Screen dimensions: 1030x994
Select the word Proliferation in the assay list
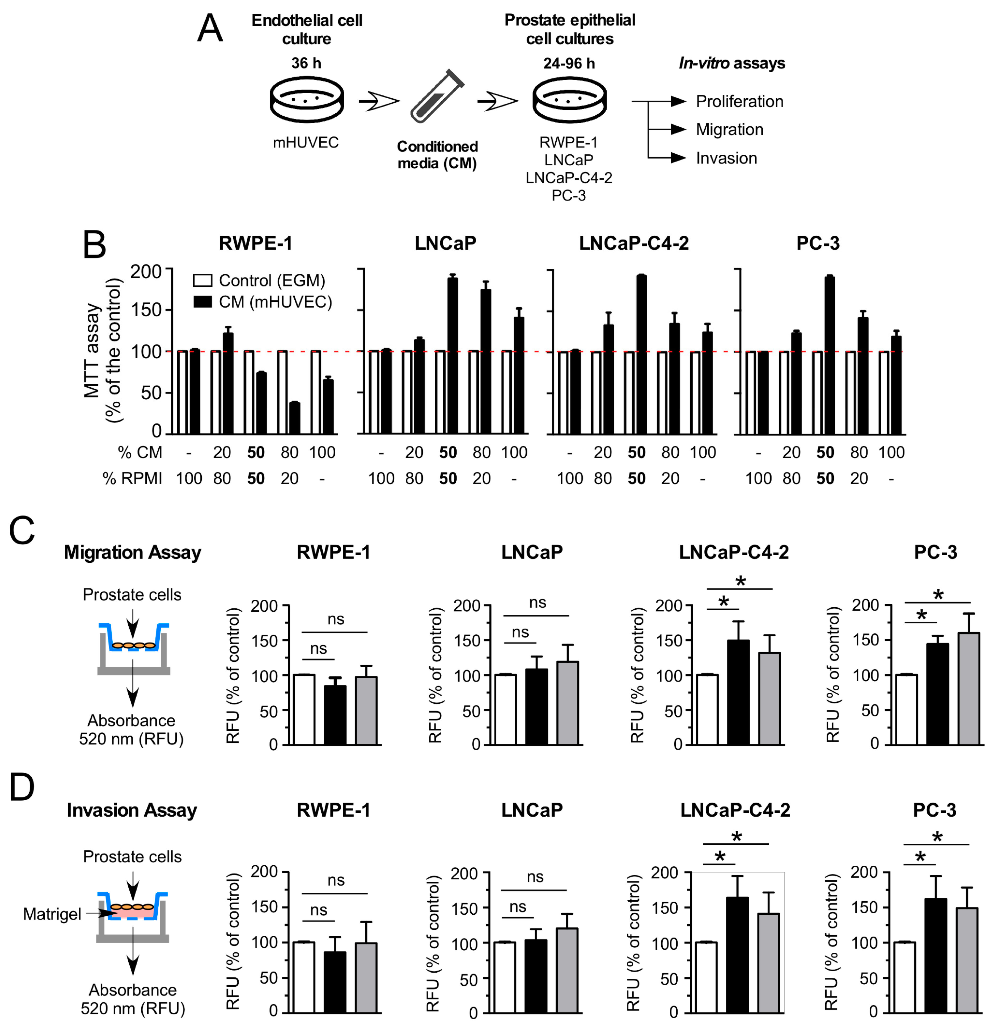coord(739,102)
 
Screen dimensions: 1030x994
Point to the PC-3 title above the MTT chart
coord(818,243)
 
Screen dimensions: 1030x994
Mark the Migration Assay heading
coord(132,552)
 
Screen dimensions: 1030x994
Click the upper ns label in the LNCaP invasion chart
coord(535,877)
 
